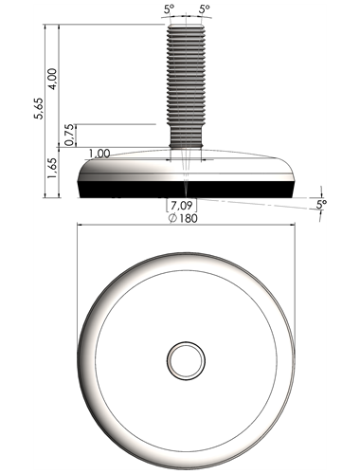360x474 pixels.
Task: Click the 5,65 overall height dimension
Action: tap(40, 108)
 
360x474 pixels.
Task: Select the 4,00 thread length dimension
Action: tap(53, 79)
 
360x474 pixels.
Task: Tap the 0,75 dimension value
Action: tap(70, 135)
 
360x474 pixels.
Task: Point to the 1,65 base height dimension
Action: tap(52, 168)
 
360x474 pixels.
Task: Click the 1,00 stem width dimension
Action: tap(99, 154)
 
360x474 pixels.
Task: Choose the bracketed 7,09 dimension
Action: tap(182, 206)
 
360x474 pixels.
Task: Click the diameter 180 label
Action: tap(183, 218)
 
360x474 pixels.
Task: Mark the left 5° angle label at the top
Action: tap(169, 9)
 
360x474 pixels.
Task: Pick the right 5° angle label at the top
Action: tap(205, 9)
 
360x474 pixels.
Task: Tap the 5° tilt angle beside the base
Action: tap(321, 204)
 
